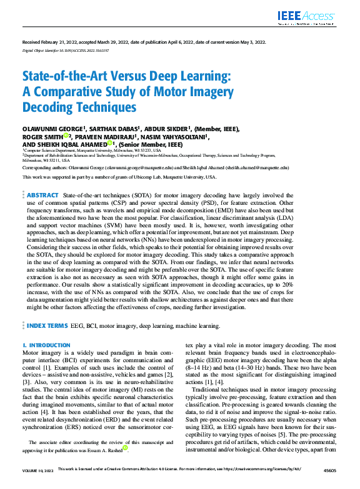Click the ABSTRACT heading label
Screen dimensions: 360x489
[43, 178]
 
